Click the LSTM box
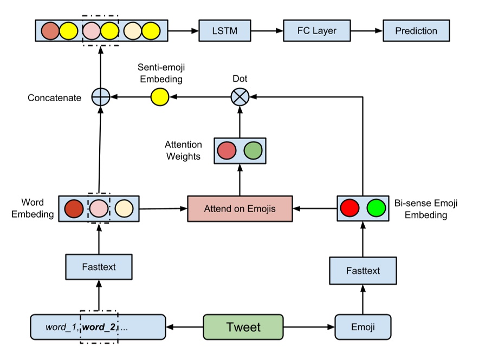(x=225, y=31)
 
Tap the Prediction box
(x=416, y=31)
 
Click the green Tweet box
(x=243, y=327)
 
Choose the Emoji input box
(x=363, y=327)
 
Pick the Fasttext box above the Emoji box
(x=363, y=270)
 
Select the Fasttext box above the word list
(x=99, y=267)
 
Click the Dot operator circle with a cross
(x=239, y=97)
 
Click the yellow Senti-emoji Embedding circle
(x=159, y=97)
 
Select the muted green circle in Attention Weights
(x=253, y=150)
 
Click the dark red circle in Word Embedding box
(x=74, y=208)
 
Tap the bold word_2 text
(x=99, y=327)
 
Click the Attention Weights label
(x=184, y=150)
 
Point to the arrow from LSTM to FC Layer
(x=267, y=31)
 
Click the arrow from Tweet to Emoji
(x=309, y=327)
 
